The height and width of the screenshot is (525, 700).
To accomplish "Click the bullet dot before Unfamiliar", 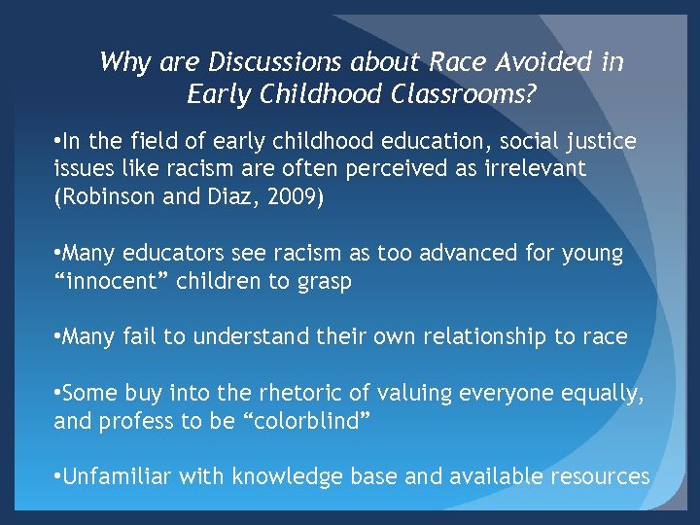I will [59, 476].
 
